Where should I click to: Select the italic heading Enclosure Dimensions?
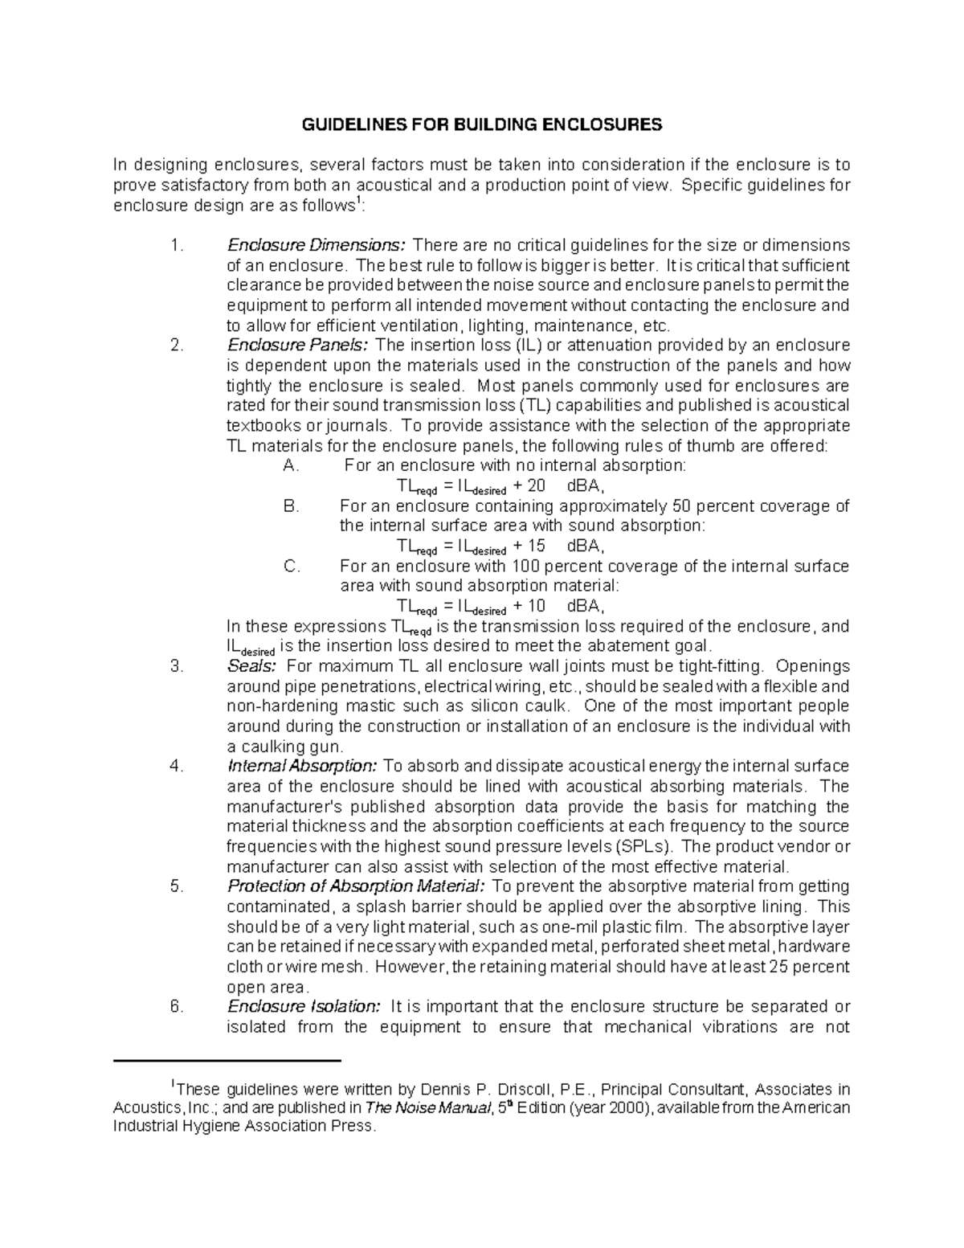(317, 245)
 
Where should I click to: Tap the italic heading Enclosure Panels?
(297, 346)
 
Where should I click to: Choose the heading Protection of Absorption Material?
(356, 886)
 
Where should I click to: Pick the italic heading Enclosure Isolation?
(304, 1007)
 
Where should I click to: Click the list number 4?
(177, 767)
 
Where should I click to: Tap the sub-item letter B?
(291, 506)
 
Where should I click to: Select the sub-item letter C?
(292, 567)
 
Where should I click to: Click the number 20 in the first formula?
(536, 486)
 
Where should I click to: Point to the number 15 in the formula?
(536, 546)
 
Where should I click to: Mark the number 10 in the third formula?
(536, 607)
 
